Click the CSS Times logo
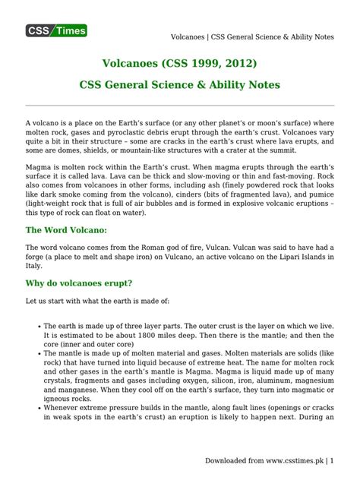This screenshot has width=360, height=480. tap(56, 30)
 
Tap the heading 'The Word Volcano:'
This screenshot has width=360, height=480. tap(66, 230)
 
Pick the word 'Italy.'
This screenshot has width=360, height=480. tap(35, 267)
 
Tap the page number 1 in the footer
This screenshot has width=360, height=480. tap(331, 462)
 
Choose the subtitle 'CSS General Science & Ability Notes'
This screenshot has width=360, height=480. tap(180, 84)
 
